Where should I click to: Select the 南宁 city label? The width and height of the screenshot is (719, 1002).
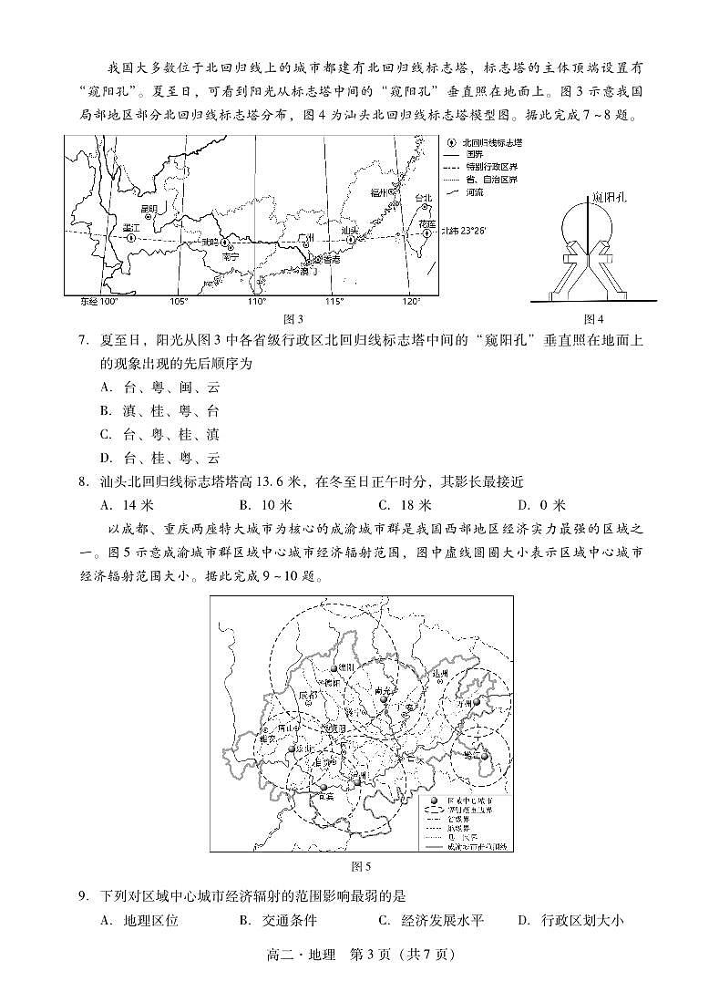pos(230,257)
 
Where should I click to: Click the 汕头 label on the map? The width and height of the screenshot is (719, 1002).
pos(349,231)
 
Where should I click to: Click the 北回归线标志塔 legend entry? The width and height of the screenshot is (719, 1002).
pos(491,143)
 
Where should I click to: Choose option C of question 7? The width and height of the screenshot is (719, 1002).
pos(159,434)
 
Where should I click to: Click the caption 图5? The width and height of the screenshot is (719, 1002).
pos(361,865)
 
